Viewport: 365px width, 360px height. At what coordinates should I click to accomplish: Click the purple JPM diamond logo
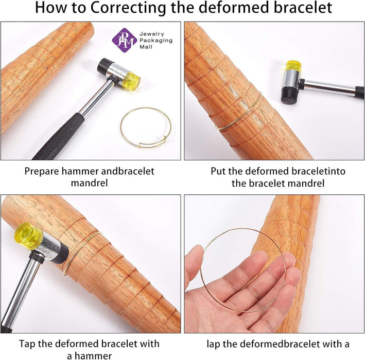click(x=124, y=41)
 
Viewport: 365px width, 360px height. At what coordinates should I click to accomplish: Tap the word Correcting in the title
click(x=128, y=7)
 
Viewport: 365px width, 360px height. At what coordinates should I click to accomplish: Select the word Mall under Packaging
click(x=146, y=47)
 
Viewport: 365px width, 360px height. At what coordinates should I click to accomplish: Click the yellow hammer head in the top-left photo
click(x=132, y=81)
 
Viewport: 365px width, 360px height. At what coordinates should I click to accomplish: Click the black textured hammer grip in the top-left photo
click(x=58, y=137)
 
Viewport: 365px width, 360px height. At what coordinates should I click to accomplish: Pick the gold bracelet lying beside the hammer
click(x=146, y=128)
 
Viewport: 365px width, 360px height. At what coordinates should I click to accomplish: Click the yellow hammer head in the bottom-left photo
click(x=28, y=236)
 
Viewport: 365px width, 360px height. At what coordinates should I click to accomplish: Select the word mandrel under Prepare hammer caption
click(x=90, y=183)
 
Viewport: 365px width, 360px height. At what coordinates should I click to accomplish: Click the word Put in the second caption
click(x=218, y=171)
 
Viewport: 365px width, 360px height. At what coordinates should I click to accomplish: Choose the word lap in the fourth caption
click(x=213, y=344)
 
